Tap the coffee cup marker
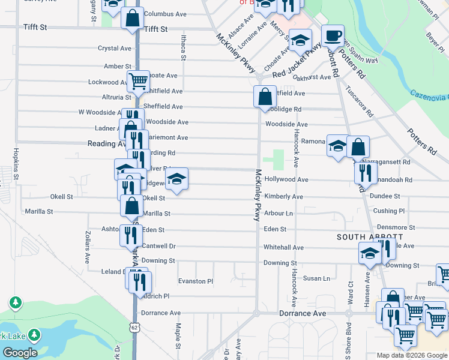click(332, 35)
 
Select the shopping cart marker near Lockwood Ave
click(138, 80)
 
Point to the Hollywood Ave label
click(286, 179)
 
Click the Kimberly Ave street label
click(283, 196)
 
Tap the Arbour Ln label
click(279, 213)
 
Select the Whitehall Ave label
click(283, 247)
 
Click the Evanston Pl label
click(196, 281)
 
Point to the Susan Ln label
click(316, 278)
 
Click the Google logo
click(20, 352)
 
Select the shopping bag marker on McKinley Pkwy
click(265, 96)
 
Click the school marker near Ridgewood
click(176, 179)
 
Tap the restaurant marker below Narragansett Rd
click(365, 172)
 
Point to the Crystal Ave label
click(115, 49)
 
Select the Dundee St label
click(385, 196)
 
